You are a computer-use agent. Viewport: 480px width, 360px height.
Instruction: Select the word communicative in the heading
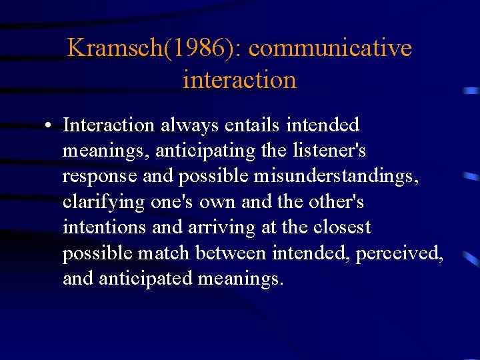[x=330, y=48]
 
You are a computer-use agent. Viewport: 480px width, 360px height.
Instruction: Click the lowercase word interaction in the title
[x=239, y=79]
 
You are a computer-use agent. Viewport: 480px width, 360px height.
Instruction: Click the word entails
[x=253, y=125]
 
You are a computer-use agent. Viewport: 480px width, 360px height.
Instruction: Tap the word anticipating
[x=205, y=151]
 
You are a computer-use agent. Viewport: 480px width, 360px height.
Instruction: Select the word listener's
[x=329, y=151]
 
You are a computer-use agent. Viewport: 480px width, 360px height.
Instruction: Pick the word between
[x=238, y=253]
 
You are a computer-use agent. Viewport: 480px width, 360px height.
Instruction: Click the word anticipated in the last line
[x=146, y=279]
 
